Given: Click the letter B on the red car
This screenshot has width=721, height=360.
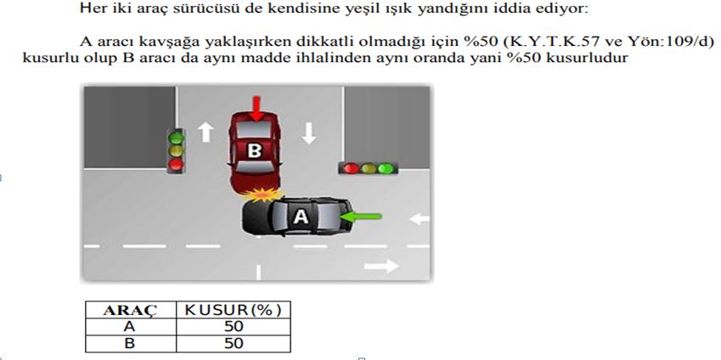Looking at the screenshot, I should (254, 150).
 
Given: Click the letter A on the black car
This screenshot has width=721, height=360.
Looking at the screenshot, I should (300, 217).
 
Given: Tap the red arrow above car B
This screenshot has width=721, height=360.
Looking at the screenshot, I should (256, 107).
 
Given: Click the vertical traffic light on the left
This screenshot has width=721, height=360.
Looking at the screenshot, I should (177, 150).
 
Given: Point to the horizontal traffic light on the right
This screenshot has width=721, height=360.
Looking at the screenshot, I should (368, 168).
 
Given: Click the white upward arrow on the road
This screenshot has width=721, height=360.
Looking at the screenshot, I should (205, 132).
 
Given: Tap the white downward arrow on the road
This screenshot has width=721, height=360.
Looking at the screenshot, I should (308, 132).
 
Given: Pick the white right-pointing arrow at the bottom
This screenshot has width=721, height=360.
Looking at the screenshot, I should (381, 267).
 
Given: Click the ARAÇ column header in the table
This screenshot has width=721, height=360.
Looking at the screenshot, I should (128, 310).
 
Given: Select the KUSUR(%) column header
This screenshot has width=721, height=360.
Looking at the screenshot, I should (232, 310).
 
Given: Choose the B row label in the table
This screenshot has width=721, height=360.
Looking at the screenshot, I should (128, 343).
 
